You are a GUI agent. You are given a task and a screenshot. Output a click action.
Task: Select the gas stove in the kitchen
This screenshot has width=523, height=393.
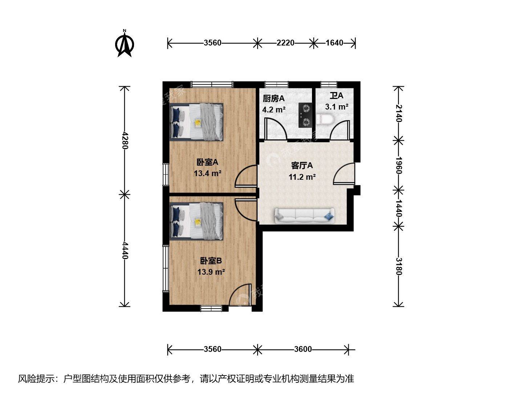pos(305,115)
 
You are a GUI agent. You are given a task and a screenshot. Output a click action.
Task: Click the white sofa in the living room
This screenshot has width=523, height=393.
pos(304,216)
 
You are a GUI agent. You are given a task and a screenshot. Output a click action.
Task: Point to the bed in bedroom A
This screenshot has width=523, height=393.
pos(196,122)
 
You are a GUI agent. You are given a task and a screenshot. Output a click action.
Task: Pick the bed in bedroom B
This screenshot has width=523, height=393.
pos(196,221)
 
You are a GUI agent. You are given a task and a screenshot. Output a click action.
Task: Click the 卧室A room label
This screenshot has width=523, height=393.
pos(207,163)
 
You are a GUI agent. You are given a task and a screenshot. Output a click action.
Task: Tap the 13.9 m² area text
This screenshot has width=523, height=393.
pos(211,272)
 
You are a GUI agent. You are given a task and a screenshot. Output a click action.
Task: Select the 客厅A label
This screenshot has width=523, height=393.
pos(302,166)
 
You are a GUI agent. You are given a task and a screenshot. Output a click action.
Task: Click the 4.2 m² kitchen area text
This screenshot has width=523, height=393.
pos(274,110)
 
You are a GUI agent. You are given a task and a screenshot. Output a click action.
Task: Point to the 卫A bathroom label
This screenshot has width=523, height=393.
pos(336,96)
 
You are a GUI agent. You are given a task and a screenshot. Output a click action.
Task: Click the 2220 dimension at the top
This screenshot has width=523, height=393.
pos(285,43)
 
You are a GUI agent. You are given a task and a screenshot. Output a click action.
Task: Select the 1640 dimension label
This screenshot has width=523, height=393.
pos(334,43)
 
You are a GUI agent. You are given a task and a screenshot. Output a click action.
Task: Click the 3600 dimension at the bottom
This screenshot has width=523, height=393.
pos(303,349)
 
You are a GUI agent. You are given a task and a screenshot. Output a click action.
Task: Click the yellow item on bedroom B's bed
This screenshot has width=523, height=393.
pos(198,222)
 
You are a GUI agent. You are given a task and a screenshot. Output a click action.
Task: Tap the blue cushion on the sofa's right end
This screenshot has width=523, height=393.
pos(329,216)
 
